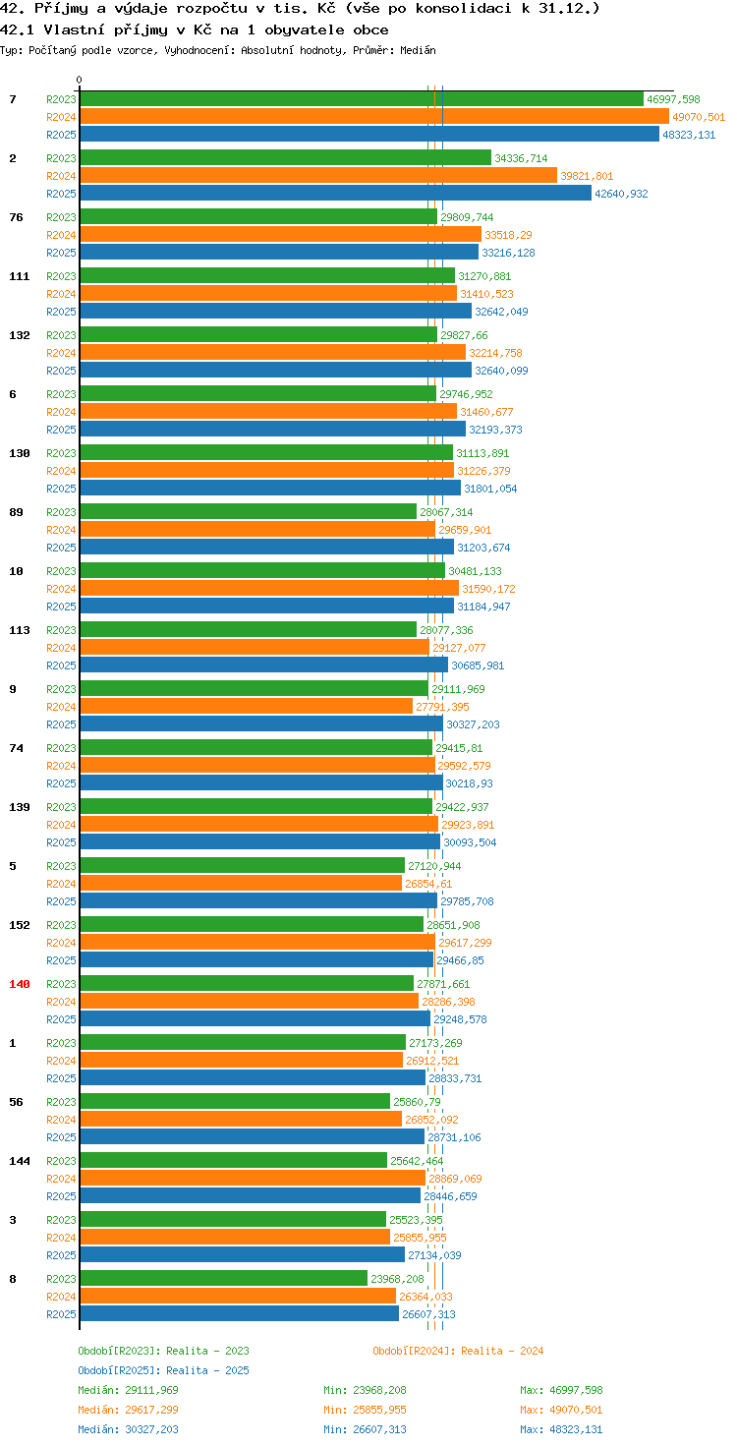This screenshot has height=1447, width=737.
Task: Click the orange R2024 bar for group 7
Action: pyautogui.click(x=374, y=116)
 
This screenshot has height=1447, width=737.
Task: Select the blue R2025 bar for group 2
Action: pyautogui.click(x=336, y=193)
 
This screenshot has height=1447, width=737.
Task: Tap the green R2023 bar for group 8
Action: pyautogui.click(x=223, y=1278)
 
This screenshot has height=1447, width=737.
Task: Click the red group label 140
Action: pyautogui.click(x=20, y=984)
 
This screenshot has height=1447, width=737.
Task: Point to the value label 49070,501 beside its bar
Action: pyautogui.click(x=699, y=117)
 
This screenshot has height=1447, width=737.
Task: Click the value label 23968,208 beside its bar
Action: pyautogui.click(x=397, y=1278)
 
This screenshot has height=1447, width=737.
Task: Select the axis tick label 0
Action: pyautogui.click(x=79, y=80)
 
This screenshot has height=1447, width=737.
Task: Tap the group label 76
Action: pyautogui.click(x=16, y=217)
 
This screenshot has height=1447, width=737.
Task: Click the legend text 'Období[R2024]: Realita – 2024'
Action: pyautogui.click(x=458, y=1351)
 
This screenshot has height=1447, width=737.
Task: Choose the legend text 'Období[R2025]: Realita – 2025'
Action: pyautogui.click(x=163, y=1370)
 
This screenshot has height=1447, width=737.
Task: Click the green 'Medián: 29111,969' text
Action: pyautogui.click(x=128, y=1390)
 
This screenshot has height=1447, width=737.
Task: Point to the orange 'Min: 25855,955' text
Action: pyautogui.click(x=365, y=1410)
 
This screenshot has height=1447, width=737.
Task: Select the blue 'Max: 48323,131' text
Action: pyautogui.click(x=561, y=1429)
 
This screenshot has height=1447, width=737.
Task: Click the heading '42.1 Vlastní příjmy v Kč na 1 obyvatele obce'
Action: pyautogui.click(x=195, y=29)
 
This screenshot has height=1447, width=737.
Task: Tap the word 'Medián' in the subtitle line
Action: pyautogui.click(x=418, y=50)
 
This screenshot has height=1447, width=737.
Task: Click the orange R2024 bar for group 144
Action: pyautogui.click(x=253, y=1179)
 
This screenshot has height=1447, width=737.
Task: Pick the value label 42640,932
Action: pyautogui.click(x=621, y=194)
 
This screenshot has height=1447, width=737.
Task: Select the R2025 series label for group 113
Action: pyautogui.click(x=61, y=666)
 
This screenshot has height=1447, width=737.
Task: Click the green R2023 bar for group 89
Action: pyautogui.click(x=248, y=511)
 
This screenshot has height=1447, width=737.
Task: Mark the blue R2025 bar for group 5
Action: pyautogui.click(x=258, y=901)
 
